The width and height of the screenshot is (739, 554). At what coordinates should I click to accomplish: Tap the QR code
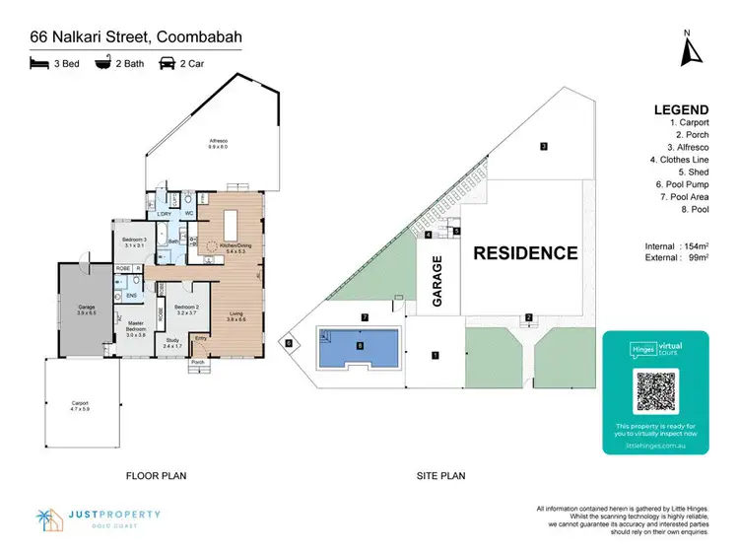(x=653, y=389)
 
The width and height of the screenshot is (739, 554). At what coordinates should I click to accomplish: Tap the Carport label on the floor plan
(x=80, y=404)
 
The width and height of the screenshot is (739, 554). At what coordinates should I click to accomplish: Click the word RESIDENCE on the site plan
(x=525, y=253)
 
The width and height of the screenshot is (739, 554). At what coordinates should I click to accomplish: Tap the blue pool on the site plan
(x=359, y=346)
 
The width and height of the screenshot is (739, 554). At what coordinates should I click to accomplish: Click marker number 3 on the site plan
(x=543, y=147)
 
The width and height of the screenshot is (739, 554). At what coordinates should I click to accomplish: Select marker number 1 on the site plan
(x=435, y=353)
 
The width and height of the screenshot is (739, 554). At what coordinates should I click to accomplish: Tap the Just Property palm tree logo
(x=47, y=518)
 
